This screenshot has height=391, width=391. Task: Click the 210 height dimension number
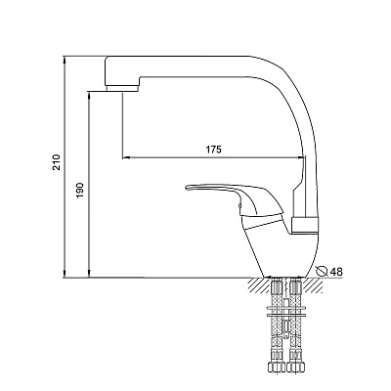tap(57, 162)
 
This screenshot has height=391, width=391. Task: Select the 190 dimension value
tap(80, 190)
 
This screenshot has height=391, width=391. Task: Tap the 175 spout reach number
tap(213, 150)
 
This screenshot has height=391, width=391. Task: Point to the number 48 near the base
tap(336, 272)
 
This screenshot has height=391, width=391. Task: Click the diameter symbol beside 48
tap(323, 271)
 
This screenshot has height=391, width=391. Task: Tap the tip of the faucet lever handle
tap(186, 188)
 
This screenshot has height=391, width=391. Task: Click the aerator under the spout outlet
tap(122, 89)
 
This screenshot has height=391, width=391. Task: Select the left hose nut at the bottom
tap(276, 368)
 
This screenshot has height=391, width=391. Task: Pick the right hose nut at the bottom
tap(295, 368)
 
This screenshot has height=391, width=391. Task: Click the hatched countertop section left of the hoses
tap(259, 285)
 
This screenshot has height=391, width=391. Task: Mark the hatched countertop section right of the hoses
tap(313, 285)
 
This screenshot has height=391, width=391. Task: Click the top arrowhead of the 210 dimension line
tap(65, 60)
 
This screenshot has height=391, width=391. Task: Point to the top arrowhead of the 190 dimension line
tap(89, 96)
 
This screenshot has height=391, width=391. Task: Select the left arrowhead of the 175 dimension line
tap(126, 158)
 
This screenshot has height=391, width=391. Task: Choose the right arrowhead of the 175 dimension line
tap(302, 158)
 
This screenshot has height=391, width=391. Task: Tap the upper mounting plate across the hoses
tap(285, 308)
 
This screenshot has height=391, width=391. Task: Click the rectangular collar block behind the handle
tap(305, 226)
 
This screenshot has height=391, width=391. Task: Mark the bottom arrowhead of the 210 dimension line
tap(65, 274)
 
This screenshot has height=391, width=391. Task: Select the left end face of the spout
tap(105, 72)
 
